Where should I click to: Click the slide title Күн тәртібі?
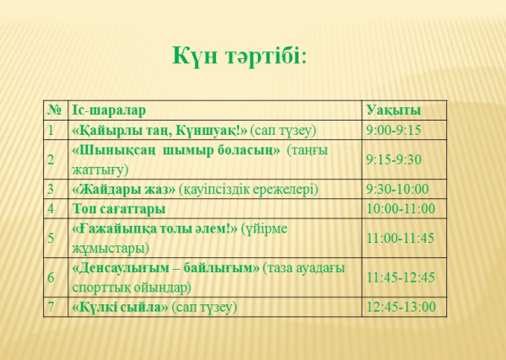239,56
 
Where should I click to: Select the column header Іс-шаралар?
109,110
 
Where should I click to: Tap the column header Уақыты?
394,110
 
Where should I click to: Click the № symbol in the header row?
55,110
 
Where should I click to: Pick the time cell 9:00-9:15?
394,131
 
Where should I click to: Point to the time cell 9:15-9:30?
394,159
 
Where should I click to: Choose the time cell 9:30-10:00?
397,189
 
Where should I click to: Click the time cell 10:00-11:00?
401,209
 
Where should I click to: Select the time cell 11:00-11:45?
401,239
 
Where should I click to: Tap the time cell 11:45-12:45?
401,277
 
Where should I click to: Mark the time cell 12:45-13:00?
401,307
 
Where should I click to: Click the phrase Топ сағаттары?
119,209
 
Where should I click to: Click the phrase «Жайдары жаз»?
124,190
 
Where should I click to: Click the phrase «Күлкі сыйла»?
120,307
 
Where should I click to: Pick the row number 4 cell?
51,209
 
